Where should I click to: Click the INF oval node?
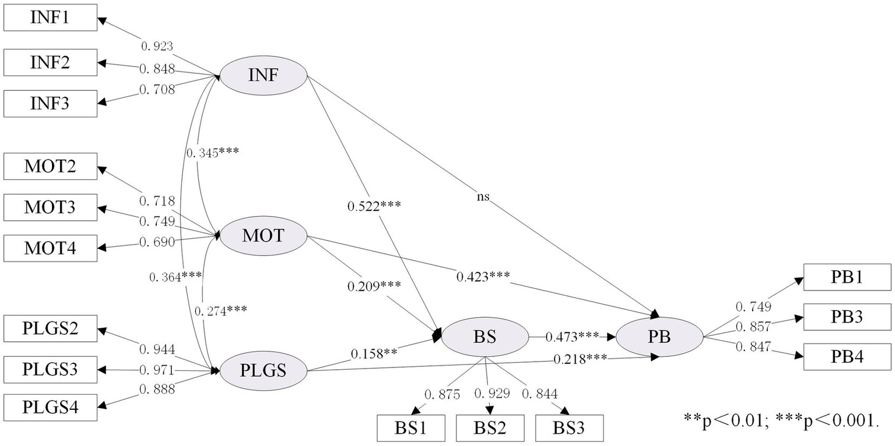[263, 76]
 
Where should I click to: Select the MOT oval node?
[263, 236]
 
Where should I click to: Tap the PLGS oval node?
[263, 370]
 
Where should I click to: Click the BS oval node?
[485, 337]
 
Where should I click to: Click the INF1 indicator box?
[50, 17]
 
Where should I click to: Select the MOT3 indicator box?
[50, 207]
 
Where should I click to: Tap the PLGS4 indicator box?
[50, 407]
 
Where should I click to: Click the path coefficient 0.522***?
[374, 206]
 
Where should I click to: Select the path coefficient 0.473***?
[572, 337]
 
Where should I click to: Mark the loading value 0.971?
[157, 370]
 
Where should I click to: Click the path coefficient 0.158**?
[374, 353]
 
